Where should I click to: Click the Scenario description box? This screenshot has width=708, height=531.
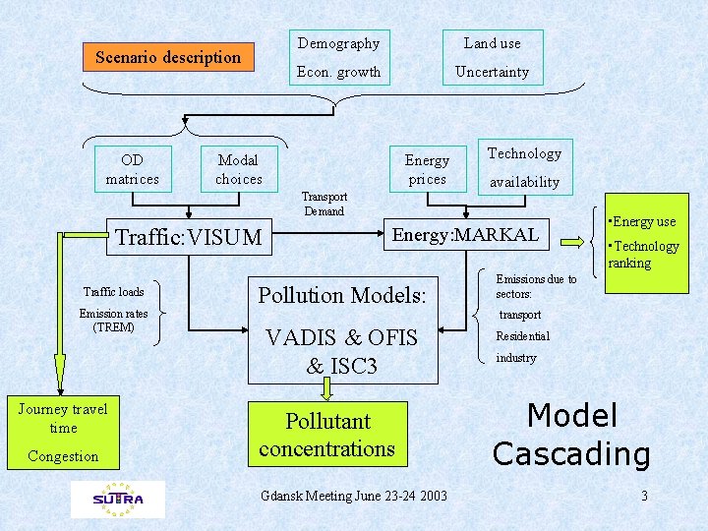167,57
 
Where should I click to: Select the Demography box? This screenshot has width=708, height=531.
339,43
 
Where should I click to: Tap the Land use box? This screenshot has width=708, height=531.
493,43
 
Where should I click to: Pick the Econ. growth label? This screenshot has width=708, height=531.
339,72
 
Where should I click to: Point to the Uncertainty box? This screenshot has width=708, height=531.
493,72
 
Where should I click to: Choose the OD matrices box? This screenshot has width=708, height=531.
133,169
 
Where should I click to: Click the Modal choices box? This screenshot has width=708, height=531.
239,169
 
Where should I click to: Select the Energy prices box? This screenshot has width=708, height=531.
427,169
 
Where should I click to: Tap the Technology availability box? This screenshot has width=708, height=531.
524,166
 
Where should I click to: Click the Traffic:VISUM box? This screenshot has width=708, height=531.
189,237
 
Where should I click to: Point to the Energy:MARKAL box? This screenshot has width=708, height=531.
465,234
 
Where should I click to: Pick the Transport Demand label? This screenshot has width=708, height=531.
324,204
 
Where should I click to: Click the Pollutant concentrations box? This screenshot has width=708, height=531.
327,435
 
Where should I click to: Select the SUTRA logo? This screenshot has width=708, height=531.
118,499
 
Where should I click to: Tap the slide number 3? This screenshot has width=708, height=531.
644,496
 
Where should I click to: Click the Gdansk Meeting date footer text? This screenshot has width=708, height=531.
354,496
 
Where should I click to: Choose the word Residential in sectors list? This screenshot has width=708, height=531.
522,336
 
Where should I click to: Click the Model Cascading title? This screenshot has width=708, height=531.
571,435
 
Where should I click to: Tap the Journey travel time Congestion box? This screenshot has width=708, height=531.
63,433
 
